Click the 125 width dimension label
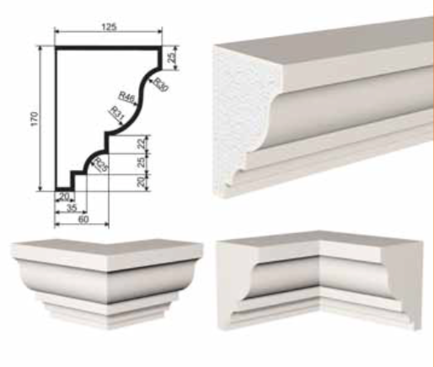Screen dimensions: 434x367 (x=109, y=27)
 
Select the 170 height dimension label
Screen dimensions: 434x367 (x=34, y=119)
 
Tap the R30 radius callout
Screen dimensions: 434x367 (x=160, y=84)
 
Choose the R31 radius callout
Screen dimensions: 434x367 (x=117, y=114)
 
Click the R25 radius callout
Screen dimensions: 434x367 (x=100, y=164)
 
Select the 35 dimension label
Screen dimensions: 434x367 (x=72, y=208)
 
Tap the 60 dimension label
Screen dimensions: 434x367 (x=83, y=219)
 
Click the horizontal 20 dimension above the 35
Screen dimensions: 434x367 (x=64, y=197)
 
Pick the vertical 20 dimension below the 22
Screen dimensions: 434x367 (x=142, y=182)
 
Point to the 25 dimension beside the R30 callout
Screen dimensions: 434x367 (x=172, y=56)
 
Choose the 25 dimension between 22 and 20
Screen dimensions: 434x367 (x=142, y=162)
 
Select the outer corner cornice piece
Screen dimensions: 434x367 (x=107, y=283)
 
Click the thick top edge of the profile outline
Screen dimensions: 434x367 (x=109, y=48)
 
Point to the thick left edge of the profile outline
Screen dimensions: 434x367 (x=56, y=119)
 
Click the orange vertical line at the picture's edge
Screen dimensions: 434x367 (x=433, y=183)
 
